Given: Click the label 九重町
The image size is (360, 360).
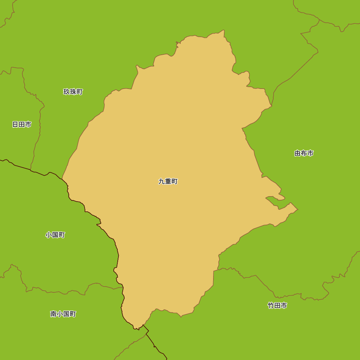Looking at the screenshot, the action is coord(168,181).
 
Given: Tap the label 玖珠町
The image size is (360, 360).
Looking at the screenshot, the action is coord(73,92).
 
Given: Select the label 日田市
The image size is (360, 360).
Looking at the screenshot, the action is coord(22,125).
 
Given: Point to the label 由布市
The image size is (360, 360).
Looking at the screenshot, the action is coord(304,153).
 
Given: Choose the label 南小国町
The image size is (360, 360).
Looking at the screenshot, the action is coord(63,314).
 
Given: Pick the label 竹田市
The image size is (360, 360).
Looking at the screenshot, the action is coord(277,306).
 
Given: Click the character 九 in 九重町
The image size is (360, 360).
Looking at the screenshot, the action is coord(162,181).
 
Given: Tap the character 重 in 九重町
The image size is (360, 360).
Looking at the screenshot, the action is coord(168,181).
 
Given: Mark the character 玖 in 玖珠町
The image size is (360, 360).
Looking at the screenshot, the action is coord(67,92).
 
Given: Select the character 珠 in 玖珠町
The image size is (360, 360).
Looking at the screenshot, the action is coord(73,92).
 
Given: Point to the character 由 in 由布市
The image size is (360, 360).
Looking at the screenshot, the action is coord(297,153).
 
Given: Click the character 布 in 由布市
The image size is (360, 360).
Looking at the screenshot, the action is coord(304,153).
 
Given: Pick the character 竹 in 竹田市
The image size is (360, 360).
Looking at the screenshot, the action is coord(271,306).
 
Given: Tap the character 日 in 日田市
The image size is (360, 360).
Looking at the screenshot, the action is coord(15,125).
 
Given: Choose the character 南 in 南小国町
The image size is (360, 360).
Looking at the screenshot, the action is coord(54,314).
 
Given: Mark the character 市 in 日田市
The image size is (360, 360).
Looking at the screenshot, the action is coord(28,125).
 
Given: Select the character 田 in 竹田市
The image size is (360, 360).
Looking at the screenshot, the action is coord(277,306).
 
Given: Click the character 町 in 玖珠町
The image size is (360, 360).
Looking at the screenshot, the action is coord(80,92).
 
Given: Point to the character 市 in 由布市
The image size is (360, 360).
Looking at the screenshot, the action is coord(310,153).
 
